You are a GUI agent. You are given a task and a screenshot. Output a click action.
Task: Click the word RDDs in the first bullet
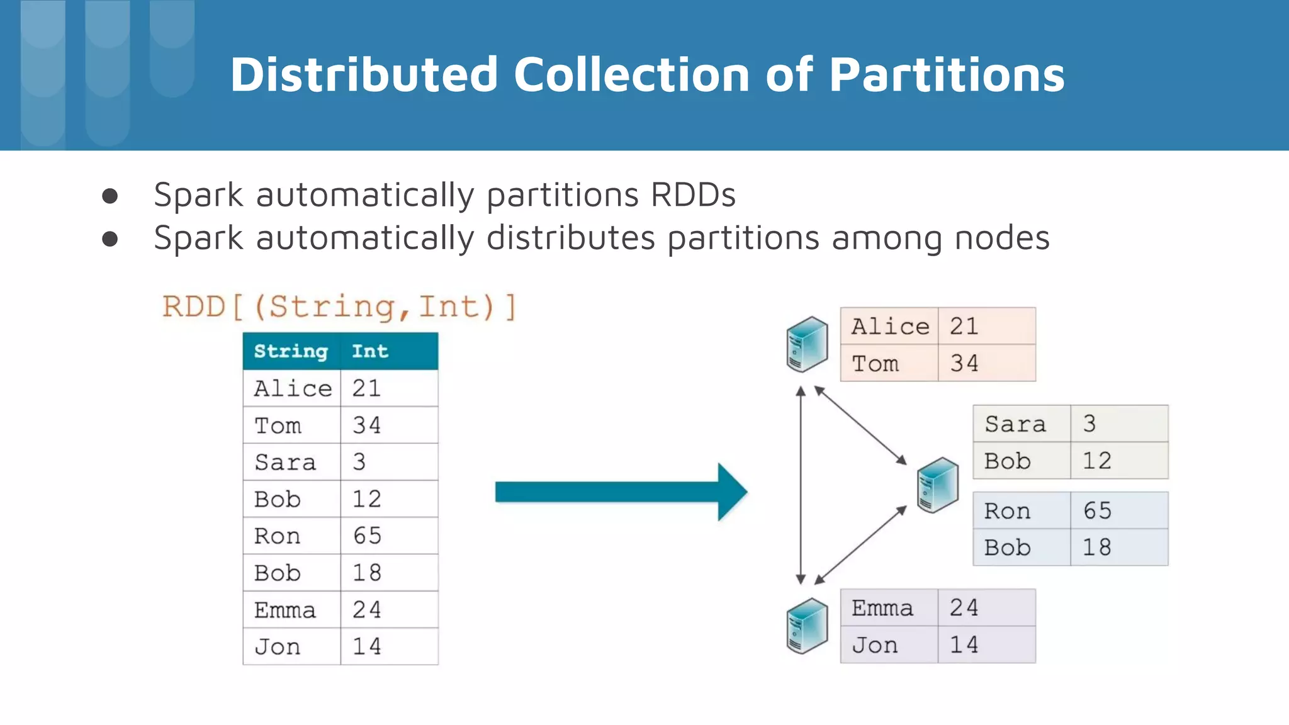[692, 194]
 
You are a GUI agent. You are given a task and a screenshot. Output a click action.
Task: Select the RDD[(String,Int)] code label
[339, 307]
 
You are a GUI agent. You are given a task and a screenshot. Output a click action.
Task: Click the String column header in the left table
[291, 351]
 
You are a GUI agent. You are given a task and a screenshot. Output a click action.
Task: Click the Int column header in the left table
[369, 351]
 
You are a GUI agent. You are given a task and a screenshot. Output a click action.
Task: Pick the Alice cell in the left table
[292, 388]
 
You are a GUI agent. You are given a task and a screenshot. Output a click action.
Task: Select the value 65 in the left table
[367, 536]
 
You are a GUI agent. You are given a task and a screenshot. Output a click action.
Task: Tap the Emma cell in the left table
[284, 610]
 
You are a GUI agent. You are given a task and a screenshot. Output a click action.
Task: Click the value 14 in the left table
[366, 646]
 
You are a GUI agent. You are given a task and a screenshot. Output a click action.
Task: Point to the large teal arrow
[620, 492]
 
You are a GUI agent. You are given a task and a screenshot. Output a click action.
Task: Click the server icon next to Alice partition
[807, 344]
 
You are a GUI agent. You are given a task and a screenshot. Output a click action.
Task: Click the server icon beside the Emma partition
[807, 626]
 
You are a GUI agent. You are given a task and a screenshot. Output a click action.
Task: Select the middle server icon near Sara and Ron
[937, 485]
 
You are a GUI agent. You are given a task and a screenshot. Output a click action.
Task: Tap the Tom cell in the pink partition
[875, 363]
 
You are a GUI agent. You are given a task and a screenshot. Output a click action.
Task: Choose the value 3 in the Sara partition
[1089, 424]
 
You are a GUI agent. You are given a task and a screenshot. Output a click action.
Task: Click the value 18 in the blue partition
[1096, 547]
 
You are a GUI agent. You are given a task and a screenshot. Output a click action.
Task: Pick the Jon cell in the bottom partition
[874, 644]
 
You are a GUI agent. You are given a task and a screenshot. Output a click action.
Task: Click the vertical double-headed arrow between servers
[801, 485]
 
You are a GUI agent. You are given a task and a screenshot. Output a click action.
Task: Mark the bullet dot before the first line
[110, 196]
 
